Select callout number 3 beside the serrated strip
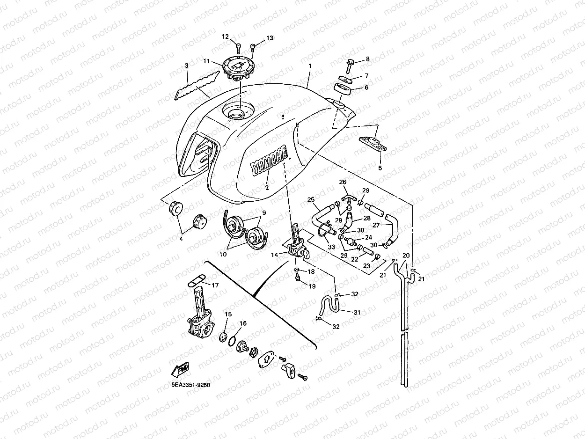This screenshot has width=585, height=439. pyautogui.click(x=186, y=66)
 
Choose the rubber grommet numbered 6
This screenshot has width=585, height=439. pyautogui.click(x=344, y=88)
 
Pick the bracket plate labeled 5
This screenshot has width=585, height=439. pyautogui.click(x=373, y=143)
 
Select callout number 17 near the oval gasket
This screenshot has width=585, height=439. pyautogui.click(x=215, y=285)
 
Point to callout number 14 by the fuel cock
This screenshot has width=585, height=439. pyautogui.click(x=275, y=254)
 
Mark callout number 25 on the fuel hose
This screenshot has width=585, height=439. pyautogui.click(x=311, y=200)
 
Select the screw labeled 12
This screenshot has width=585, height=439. pyautogui.click(x=238, y=46)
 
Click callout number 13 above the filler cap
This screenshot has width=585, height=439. pyautogui.click(x=270, y=38)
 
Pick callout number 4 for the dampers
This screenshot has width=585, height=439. pyautogui.click(x=181, y=239)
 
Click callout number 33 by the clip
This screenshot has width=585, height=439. pyautogui.click(x=332, y=247)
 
